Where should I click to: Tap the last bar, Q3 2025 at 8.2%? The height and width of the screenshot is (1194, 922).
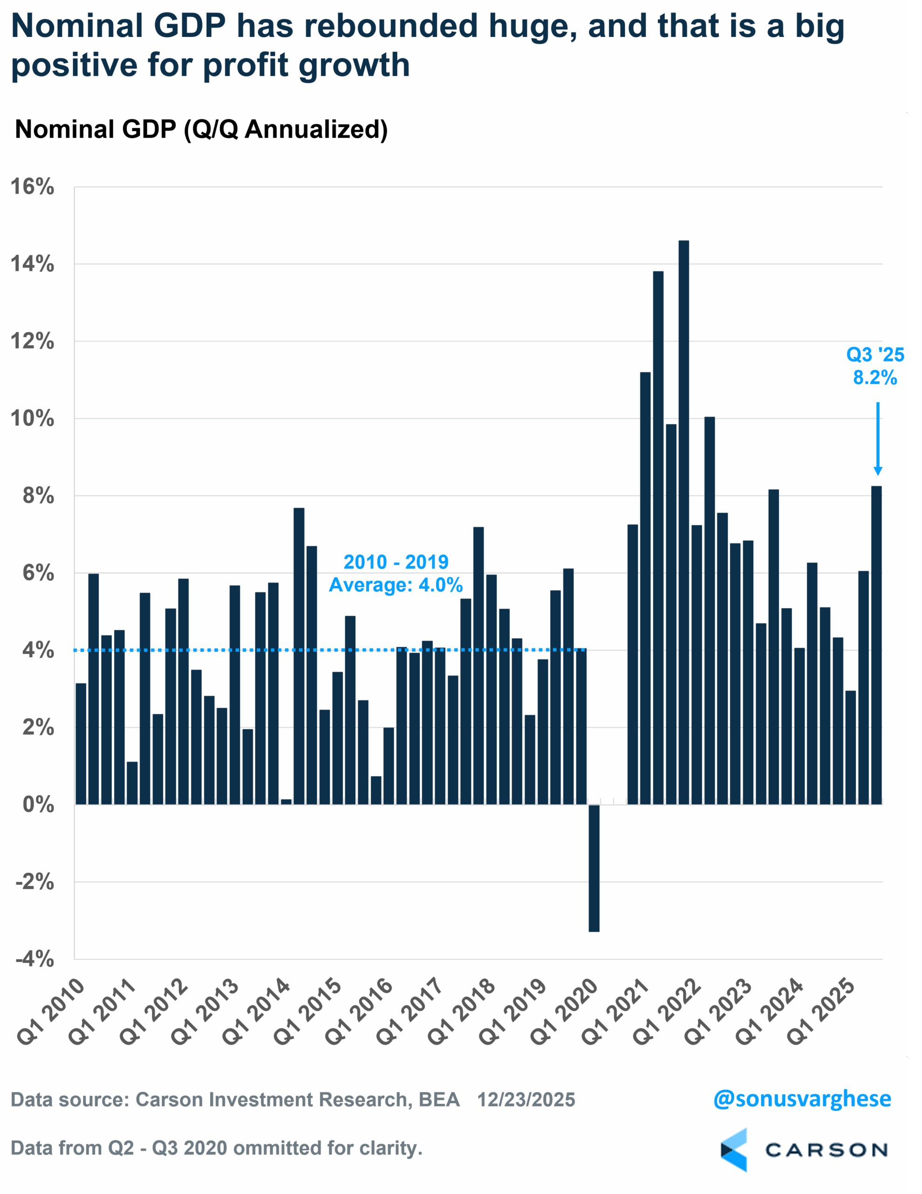click(876, 645)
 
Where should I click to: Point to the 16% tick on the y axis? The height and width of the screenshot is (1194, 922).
click(33, 187)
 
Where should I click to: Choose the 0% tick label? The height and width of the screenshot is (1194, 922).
click(38, 805)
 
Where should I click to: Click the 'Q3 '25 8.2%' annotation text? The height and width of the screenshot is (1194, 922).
click(875, 366)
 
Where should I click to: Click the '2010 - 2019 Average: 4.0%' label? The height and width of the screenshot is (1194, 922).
click(395, 574)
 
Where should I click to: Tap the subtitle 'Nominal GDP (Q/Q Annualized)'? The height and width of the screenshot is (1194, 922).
click(201, 130)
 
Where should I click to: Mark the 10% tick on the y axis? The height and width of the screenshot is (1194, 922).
click(33, 419)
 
